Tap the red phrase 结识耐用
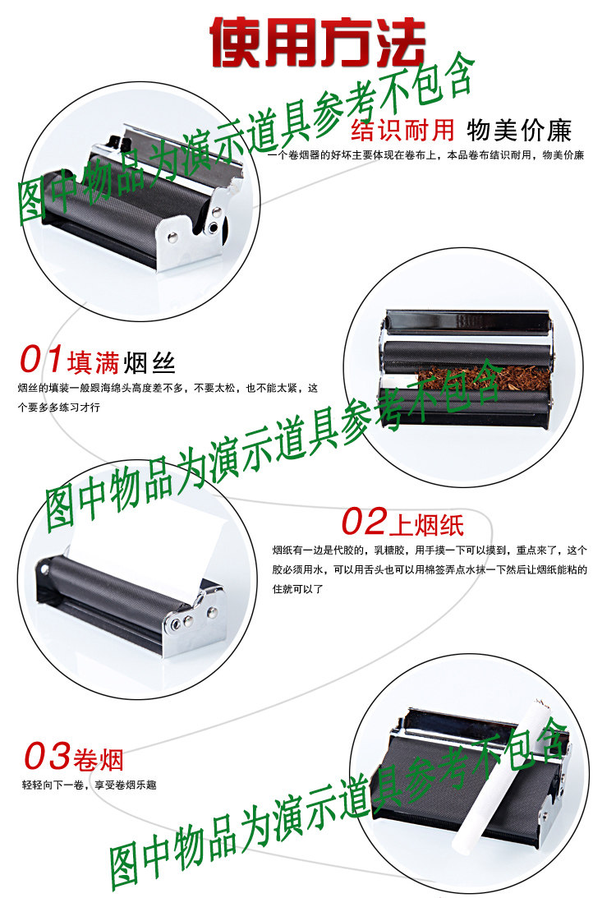(402, 131)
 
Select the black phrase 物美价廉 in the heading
(518, 131)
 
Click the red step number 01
(41, 361)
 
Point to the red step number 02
(364, 521)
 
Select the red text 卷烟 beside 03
(99, 758)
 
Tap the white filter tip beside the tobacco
(399, 380)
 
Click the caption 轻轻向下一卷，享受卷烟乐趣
(89, 785)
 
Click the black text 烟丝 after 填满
(149, 362)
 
